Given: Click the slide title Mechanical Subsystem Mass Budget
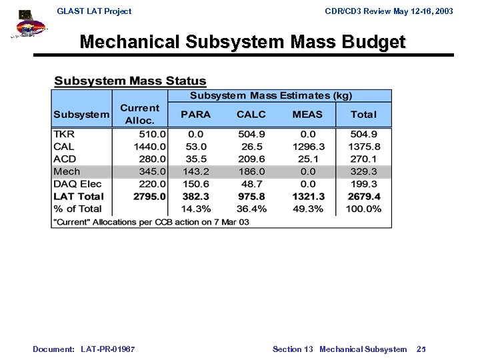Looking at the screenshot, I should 242,42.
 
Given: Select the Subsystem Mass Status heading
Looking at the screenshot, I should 130,81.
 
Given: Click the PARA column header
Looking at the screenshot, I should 195,114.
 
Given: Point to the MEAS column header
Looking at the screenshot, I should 308,114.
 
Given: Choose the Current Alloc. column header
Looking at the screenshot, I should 139,114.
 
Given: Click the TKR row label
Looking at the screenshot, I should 64,134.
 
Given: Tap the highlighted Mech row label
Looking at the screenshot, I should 67,171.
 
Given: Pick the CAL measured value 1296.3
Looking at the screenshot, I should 308,147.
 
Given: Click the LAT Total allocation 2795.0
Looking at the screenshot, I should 149,197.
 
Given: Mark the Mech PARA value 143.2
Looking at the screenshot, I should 195,171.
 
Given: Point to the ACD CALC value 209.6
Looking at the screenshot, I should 251,159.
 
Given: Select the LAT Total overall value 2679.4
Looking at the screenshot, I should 364,197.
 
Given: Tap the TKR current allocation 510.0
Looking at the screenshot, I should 152,134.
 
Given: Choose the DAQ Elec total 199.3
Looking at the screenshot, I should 366,184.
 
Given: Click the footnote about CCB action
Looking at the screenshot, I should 151,221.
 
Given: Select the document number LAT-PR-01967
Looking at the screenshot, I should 109,349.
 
